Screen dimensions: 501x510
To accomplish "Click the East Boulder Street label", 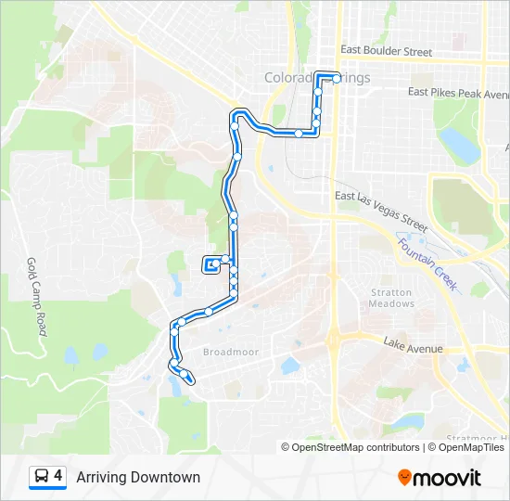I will pyautogui.click(x=386, y=52).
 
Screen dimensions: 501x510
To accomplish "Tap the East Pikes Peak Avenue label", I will pyautogui.click(x=459, y=93).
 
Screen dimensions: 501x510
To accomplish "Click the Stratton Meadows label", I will pyautogui.click(x=390, y=299).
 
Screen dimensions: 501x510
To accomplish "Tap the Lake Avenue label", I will pyautogui.click(x=414, y=349).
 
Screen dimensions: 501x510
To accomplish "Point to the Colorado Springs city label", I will pyautogui.click(x=317, y=78).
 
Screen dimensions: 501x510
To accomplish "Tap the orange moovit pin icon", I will pyautogui.click(x=404, y=478).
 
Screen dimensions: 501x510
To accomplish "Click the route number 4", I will pyautogui.click(x=58, y=477).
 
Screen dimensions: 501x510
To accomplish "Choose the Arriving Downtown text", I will pyautogui.click(x=138, y=478).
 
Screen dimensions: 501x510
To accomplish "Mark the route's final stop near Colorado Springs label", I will pyautogui.click(x=337, y=79).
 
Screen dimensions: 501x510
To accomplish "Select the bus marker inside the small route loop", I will pyautogui.click(x=211, y=265).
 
